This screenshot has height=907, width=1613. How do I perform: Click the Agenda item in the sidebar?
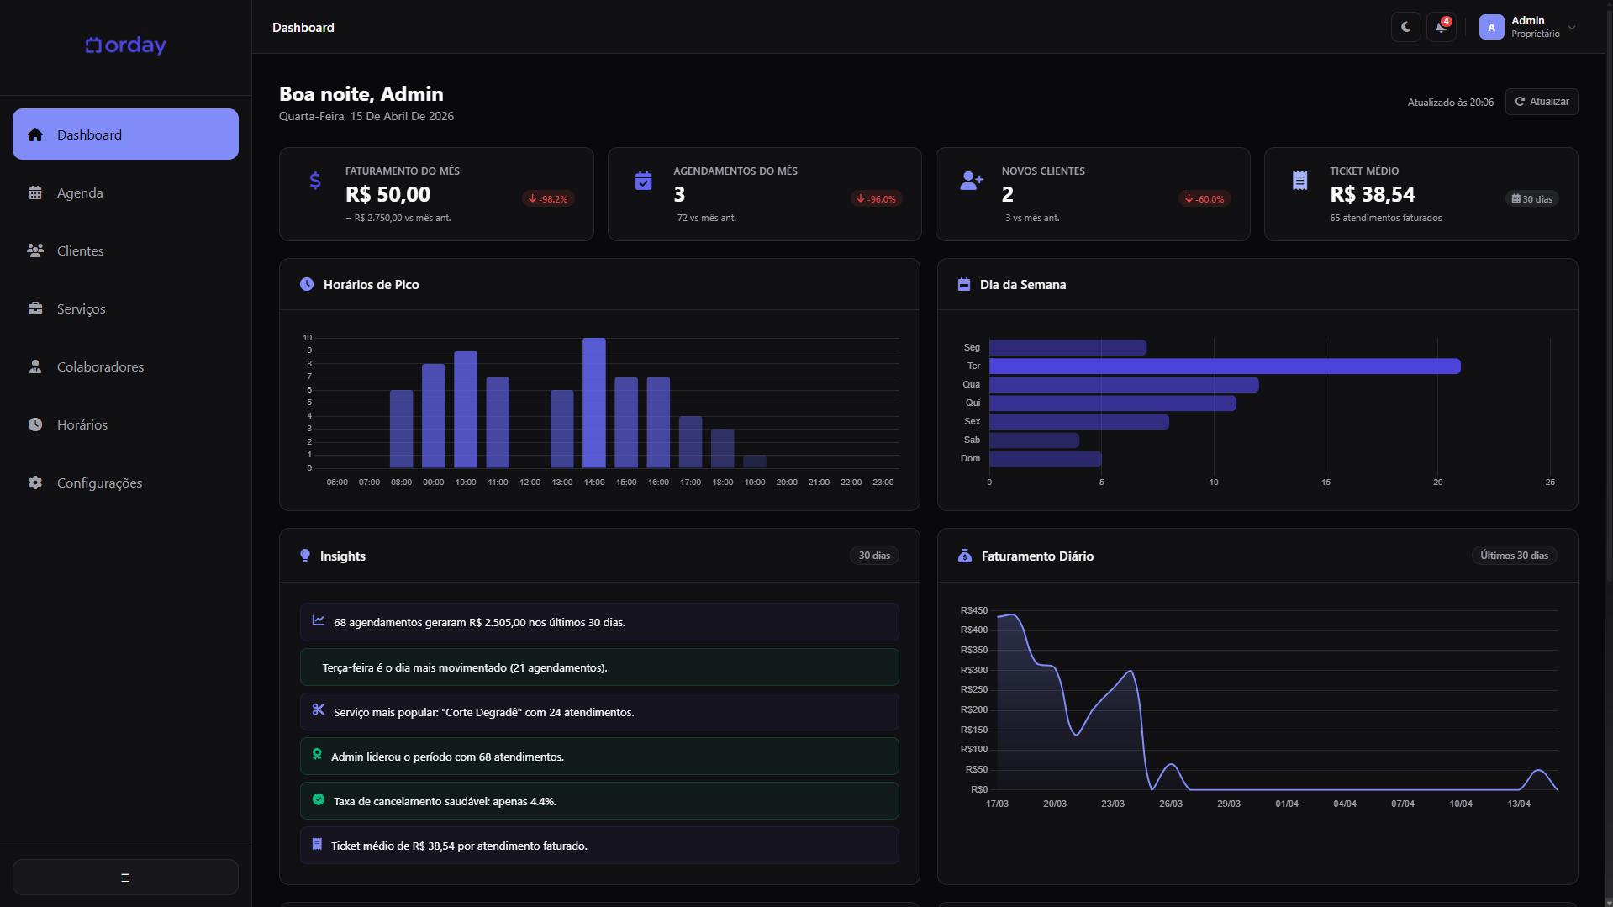80,193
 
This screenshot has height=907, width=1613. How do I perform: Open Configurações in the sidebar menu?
99,483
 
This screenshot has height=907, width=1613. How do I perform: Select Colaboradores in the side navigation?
100,367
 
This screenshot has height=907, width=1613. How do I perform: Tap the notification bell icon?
1441,27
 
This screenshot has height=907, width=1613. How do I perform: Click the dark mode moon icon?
1405,27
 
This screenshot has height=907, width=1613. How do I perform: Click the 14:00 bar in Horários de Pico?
594,403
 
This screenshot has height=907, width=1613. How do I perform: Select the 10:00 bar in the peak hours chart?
466,409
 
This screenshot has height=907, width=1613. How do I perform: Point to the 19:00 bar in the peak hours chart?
755,461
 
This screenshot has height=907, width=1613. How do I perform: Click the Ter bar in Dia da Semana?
1224,366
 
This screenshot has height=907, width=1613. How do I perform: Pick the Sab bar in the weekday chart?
1034,440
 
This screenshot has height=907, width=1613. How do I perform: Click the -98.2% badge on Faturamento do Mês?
548,199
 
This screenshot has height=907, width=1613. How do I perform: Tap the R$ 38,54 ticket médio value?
1372,195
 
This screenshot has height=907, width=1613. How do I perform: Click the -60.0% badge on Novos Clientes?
1204,199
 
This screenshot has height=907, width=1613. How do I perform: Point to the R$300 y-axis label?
974,670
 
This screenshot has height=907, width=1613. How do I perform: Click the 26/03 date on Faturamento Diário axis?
1170,804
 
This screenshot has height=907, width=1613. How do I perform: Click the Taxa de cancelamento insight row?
598,801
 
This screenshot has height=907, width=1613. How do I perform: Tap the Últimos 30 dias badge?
1514,556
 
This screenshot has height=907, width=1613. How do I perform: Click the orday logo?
126,45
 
